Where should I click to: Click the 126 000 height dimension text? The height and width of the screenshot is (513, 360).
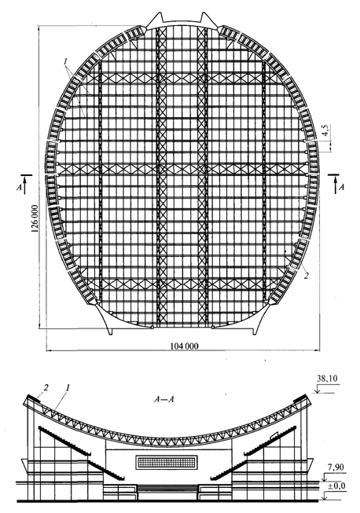35,218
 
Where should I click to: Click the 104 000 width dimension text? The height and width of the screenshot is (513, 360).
184,346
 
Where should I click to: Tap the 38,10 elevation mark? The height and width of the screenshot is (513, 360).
327,379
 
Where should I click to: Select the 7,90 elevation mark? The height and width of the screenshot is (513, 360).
335,467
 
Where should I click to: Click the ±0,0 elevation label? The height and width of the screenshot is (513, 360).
336,486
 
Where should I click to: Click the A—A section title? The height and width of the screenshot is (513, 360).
163,399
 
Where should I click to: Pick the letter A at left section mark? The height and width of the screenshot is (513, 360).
19,188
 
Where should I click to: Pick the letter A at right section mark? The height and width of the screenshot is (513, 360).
341,187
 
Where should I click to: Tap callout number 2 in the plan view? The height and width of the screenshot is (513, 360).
306,276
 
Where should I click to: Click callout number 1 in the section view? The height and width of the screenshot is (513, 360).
68,387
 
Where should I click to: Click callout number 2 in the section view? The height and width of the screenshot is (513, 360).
46,387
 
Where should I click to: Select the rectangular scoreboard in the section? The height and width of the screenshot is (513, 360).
167,462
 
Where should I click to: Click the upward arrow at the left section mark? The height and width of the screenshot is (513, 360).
25,185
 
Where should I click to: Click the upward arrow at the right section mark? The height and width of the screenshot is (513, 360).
335,185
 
